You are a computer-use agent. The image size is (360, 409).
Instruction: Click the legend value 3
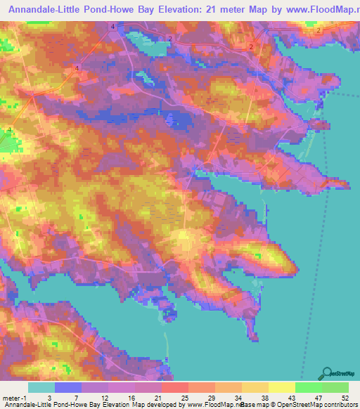[x=49, y=397]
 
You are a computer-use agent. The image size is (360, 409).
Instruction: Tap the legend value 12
[x=103, y=397]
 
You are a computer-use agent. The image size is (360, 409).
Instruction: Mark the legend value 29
[x=210, y=397]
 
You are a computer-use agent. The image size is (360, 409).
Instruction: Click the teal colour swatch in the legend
[x=41, y=387]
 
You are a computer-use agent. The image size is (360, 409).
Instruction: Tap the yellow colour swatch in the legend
[x=282, y=387]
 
